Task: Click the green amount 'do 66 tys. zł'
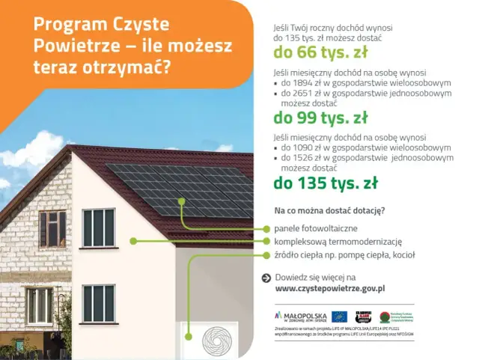click(320, 53)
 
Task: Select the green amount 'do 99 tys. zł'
click(320, 118)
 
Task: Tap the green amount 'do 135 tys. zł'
click(325, 183)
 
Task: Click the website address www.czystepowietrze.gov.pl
click(329, 288)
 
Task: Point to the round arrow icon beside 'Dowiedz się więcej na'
click(266, 278)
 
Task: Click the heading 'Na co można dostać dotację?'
click(329, 210)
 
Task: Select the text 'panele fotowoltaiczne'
click(315, 228)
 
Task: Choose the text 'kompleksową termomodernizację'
click(338, 241)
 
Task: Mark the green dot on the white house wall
click(132, 241)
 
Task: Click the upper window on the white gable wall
click(98, 227)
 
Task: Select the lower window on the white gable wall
click(98, 303)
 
